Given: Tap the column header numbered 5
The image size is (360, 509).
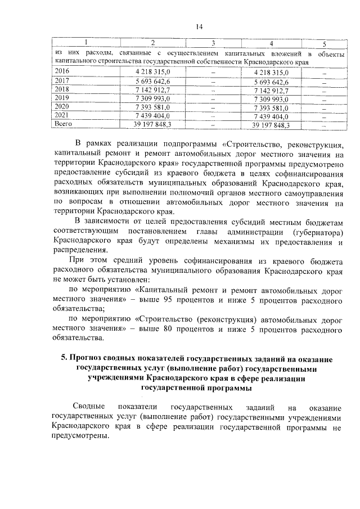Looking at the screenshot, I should tap(324, 44).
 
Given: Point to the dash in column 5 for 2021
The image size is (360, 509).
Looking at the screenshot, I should tap(324, 116).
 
